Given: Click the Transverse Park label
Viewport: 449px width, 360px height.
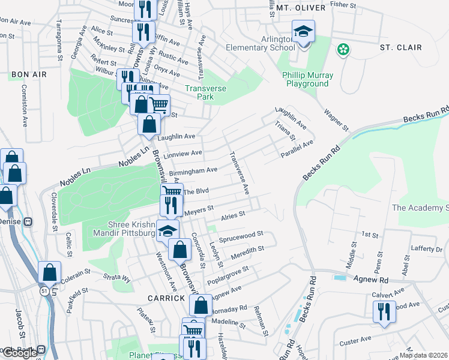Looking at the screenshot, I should click(x=199, y=92).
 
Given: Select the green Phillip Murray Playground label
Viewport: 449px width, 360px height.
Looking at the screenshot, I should click(x=306, y=79).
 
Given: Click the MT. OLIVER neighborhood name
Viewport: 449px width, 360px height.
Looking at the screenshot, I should click(x=301, y=8).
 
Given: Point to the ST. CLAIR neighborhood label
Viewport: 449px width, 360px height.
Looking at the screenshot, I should click(x=400, y=47).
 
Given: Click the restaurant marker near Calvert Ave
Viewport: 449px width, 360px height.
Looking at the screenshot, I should click(x=382, y=311).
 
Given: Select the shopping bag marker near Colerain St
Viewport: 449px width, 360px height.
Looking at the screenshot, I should click(x=49, y=272).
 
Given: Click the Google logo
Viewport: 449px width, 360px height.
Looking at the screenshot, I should click(x=19, y=353).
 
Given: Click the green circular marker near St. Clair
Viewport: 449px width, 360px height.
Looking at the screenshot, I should click(x=343, y=50).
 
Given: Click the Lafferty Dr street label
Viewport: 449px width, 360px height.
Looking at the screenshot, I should click(x=426, y=248).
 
